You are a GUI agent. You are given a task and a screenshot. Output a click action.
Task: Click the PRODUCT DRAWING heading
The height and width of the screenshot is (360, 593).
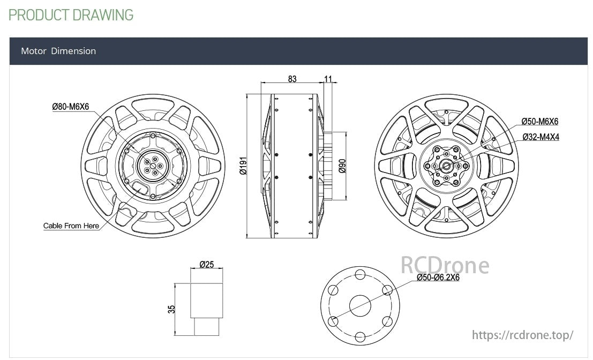tap(71, 15)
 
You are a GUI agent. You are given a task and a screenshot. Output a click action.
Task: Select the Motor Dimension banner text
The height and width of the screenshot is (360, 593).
tap(58, 51)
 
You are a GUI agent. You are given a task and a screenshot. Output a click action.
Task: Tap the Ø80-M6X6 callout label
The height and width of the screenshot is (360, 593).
tap(70, 107)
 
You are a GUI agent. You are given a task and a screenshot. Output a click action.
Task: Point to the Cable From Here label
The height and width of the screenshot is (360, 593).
tap(71, 226)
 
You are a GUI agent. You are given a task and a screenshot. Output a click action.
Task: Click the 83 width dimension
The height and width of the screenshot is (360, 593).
tap(292, 79)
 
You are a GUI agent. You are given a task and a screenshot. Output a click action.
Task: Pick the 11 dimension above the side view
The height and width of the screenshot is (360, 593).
tap(328, 79)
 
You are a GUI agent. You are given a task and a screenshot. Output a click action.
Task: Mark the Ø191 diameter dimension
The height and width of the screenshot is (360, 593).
tap(242, 167)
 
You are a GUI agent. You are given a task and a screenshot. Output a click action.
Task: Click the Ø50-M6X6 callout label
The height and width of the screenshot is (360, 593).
tap(540, 122)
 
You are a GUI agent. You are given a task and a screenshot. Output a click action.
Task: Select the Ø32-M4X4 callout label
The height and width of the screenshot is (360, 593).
tap(541, 137)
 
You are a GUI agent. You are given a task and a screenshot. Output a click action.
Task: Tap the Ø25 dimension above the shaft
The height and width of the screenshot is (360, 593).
tap(206, 264)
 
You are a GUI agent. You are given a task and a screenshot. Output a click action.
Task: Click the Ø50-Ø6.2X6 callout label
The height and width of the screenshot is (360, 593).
tap(438, 277)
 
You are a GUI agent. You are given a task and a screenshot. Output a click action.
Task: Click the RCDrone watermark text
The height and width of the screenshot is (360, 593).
tap(445, 265)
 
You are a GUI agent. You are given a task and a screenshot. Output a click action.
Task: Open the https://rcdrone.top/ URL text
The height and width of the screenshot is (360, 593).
tap(522, 335)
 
